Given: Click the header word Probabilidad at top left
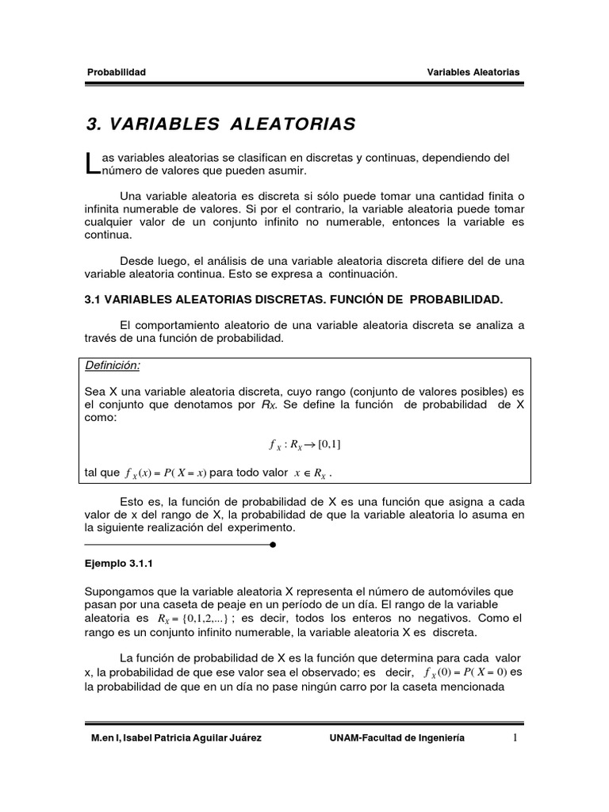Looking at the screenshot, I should coord(116,72).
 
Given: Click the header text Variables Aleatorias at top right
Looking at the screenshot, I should coord(473,72).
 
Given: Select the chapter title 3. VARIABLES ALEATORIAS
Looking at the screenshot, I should coord(220,124).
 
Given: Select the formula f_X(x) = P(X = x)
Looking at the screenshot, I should coord(166,474).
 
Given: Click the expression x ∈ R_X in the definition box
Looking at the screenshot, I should coord(308,474).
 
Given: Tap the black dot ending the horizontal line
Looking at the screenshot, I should coord(273,546).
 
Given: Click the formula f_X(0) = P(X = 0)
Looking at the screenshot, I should coord(461,672).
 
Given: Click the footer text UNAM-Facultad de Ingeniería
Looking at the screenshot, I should coord(397,738).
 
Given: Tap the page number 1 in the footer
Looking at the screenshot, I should coord(514,738).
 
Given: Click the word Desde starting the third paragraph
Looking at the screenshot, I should coord(136,260).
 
